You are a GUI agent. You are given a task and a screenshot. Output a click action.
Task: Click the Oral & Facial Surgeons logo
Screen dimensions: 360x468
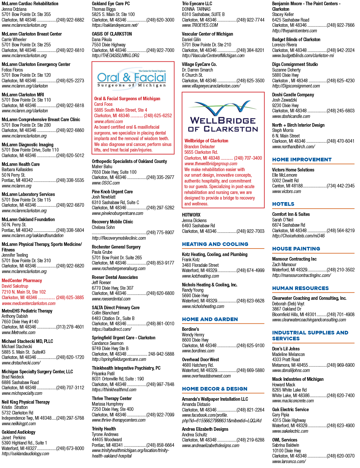tap(132, 78)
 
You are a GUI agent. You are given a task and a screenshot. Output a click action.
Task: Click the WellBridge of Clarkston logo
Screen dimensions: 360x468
tap(223, 116)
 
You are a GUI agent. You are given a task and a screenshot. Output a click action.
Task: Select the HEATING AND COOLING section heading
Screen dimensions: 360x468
tap(215, 244)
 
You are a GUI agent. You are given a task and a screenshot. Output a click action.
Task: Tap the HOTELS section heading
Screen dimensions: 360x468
tap(283, 204)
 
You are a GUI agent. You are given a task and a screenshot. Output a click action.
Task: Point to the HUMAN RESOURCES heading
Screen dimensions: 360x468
tap(300, 288)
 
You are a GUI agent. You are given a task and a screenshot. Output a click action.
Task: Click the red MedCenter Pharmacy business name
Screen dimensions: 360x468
tap(22, 281)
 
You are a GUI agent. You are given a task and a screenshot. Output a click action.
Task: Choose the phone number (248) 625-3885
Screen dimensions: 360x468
tap(70, 298)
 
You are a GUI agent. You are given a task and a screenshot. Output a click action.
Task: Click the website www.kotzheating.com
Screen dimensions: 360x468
tap(200, 276)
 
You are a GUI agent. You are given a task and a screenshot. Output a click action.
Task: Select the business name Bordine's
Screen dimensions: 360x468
tap(190, 329)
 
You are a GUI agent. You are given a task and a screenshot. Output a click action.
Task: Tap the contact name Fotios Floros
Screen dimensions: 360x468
tap(12, 70)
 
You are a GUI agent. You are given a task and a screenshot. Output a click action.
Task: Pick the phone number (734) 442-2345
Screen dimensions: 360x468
tap(340, 186)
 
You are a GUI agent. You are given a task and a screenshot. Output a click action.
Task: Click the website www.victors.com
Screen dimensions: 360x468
tap(286, 191)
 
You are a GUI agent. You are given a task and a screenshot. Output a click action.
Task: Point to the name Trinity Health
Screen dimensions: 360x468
tap(104, 428)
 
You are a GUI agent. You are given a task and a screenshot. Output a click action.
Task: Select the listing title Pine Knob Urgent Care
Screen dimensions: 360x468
tap(112, 191)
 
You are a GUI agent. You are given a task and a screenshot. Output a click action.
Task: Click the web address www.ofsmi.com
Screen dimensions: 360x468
tap(108, 121)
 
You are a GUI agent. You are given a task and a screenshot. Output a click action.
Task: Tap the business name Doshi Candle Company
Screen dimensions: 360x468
tap(293, 95)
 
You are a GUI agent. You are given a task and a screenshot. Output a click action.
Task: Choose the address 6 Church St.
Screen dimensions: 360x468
tap(192, 75)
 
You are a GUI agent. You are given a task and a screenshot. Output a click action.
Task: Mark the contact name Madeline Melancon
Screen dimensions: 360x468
tap(288, 354)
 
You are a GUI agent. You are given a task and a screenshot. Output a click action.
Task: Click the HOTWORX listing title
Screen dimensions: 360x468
tap(191, 215)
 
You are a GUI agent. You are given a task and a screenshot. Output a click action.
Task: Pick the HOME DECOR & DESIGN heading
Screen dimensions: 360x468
tap(215, 389)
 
